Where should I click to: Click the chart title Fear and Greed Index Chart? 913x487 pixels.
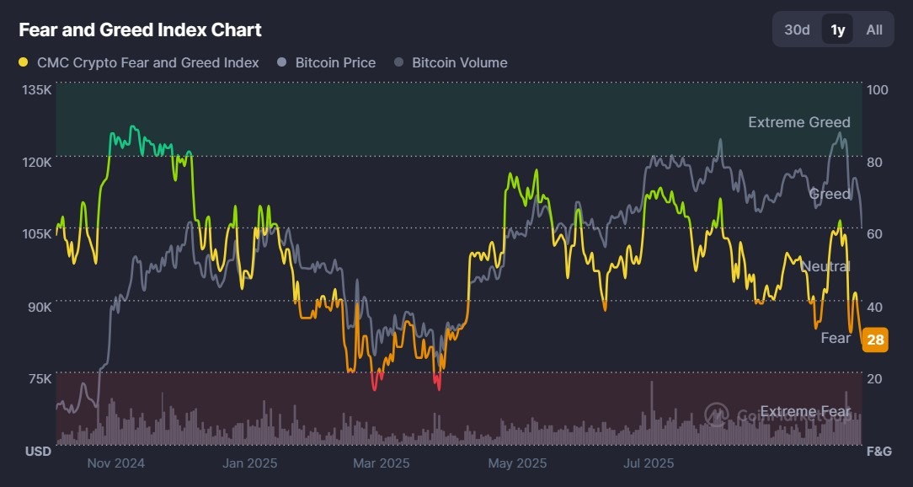(140, 30)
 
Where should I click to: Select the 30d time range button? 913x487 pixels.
(797, 29)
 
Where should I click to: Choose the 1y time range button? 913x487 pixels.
(837, 29)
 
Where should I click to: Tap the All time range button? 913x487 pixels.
(874, 29)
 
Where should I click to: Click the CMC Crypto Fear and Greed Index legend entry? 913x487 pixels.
(139, 62)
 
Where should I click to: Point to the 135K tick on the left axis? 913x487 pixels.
(37, 90)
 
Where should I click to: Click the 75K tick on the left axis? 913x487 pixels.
(40, 378)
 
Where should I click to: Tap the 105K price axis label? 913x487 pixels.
(37, 234)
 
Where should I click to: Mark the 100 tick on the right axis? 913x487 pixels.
(877, 90)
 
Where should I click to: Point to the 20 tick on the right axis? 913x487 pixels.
(874, 378)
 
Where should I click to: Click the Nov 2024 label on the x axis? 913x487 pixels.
(116, 463)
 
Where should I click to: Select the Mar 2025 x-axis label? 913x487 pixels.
(382, 463)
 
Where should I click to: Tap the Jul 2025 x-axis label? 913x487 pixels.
(649, 463)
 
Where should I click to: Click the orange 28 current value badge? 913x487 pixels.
(875, 340)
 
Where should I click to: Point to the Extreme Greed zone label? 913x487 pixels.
(798, 122)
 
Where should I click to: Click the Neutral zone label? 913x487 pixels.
(825, 266)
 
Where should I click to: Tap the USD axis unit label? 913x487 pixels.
(38, 452)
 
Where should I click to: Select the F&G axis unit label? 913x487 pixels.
(878, 452)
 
